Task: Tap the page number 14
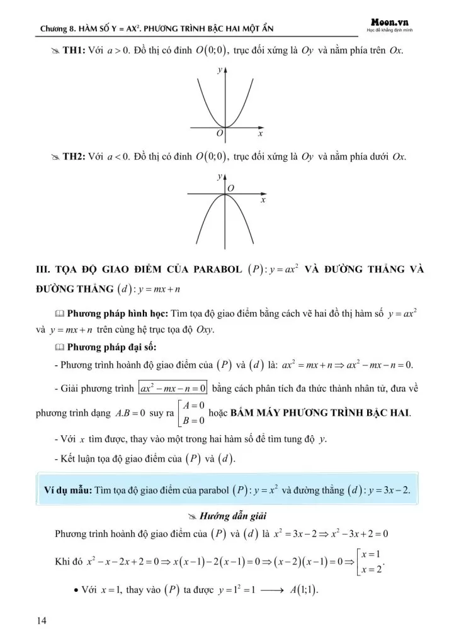(42, 621)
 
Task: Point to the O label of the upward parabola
(219, 134)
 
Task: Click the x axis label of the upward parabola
(259, 135)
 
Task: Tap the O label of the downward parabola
(230, 188)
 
